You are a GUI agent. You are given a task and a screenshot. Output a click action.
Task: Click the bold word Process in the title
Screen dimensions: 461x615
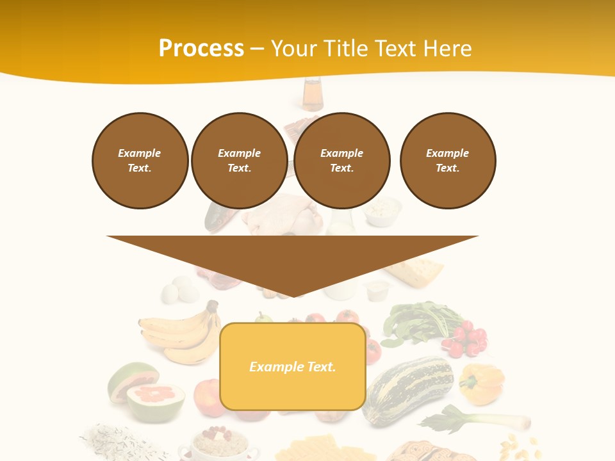click(x=201, y=49)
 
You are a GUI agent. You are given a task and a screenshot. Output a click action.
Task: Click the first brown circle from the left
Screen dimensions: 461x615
click(x=140, y=161)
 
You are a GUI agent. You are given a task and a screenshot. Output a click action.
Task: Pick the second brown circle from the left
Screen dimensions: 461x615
click(x=239, y=161)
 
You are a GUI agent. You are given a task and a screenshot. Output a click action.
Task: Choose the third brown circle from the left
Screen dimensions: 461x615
click(x=341, y=161)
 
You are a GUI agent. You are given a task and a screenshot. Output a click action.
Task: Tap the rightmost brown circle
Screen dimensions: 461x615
click(x=447, y=161)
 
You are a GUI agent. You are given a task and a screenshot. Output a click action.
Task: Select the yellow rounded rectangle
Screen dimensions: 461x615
click(x=293, y=391)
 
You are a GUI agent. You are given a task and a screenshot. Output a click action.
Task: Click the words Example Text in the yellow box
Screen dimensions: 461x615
click(x=293, y=367)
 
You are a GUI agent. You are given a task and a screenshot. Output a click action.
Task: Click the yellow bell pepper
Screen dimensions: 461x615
click(x=482, y=383)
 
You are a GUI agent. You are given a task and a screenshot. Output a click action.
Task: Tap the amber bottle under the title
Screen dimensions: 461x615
click(x=313, y=95)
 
